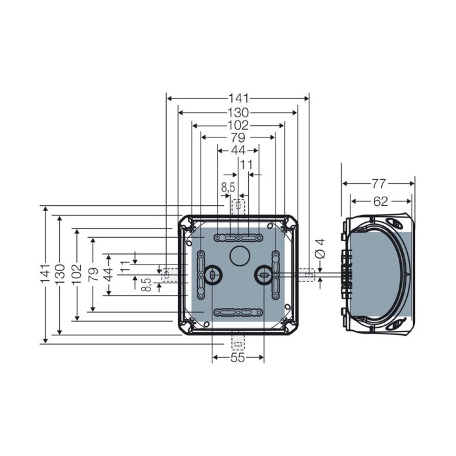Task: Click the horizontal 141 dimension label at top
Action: [238, 98]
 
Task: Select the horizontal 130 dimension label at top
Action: [238, 113]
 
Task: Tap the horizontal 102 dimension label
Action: [238, 125]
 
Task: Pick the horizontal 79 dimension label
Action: [238, 137]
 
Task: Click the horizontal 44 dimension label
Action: [238, 150]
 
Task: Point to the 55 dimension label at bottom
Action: [238, 358]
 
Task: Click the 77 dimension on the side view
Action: [378, 184]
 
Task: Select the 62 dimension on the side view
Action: [380, 201]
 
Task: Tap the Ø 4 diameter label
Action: [321, 249]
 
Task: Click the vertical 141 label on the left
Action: [46, 274]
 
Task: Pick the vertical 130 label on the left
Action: [60, 274]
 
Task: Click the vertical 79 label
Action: [93, 274]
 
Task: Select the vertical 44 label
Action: [109, 274]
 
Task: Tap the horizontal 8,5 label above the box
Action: [228, 188]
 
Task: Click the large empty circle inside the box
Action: [240, 255]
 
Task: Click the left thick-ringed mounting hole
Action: [213, 274]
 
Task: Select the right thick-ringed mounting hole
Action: [263, 274]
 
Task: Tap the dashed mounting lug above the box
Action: [238, 207]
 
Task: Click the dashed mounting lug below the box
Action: [238, 342]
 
